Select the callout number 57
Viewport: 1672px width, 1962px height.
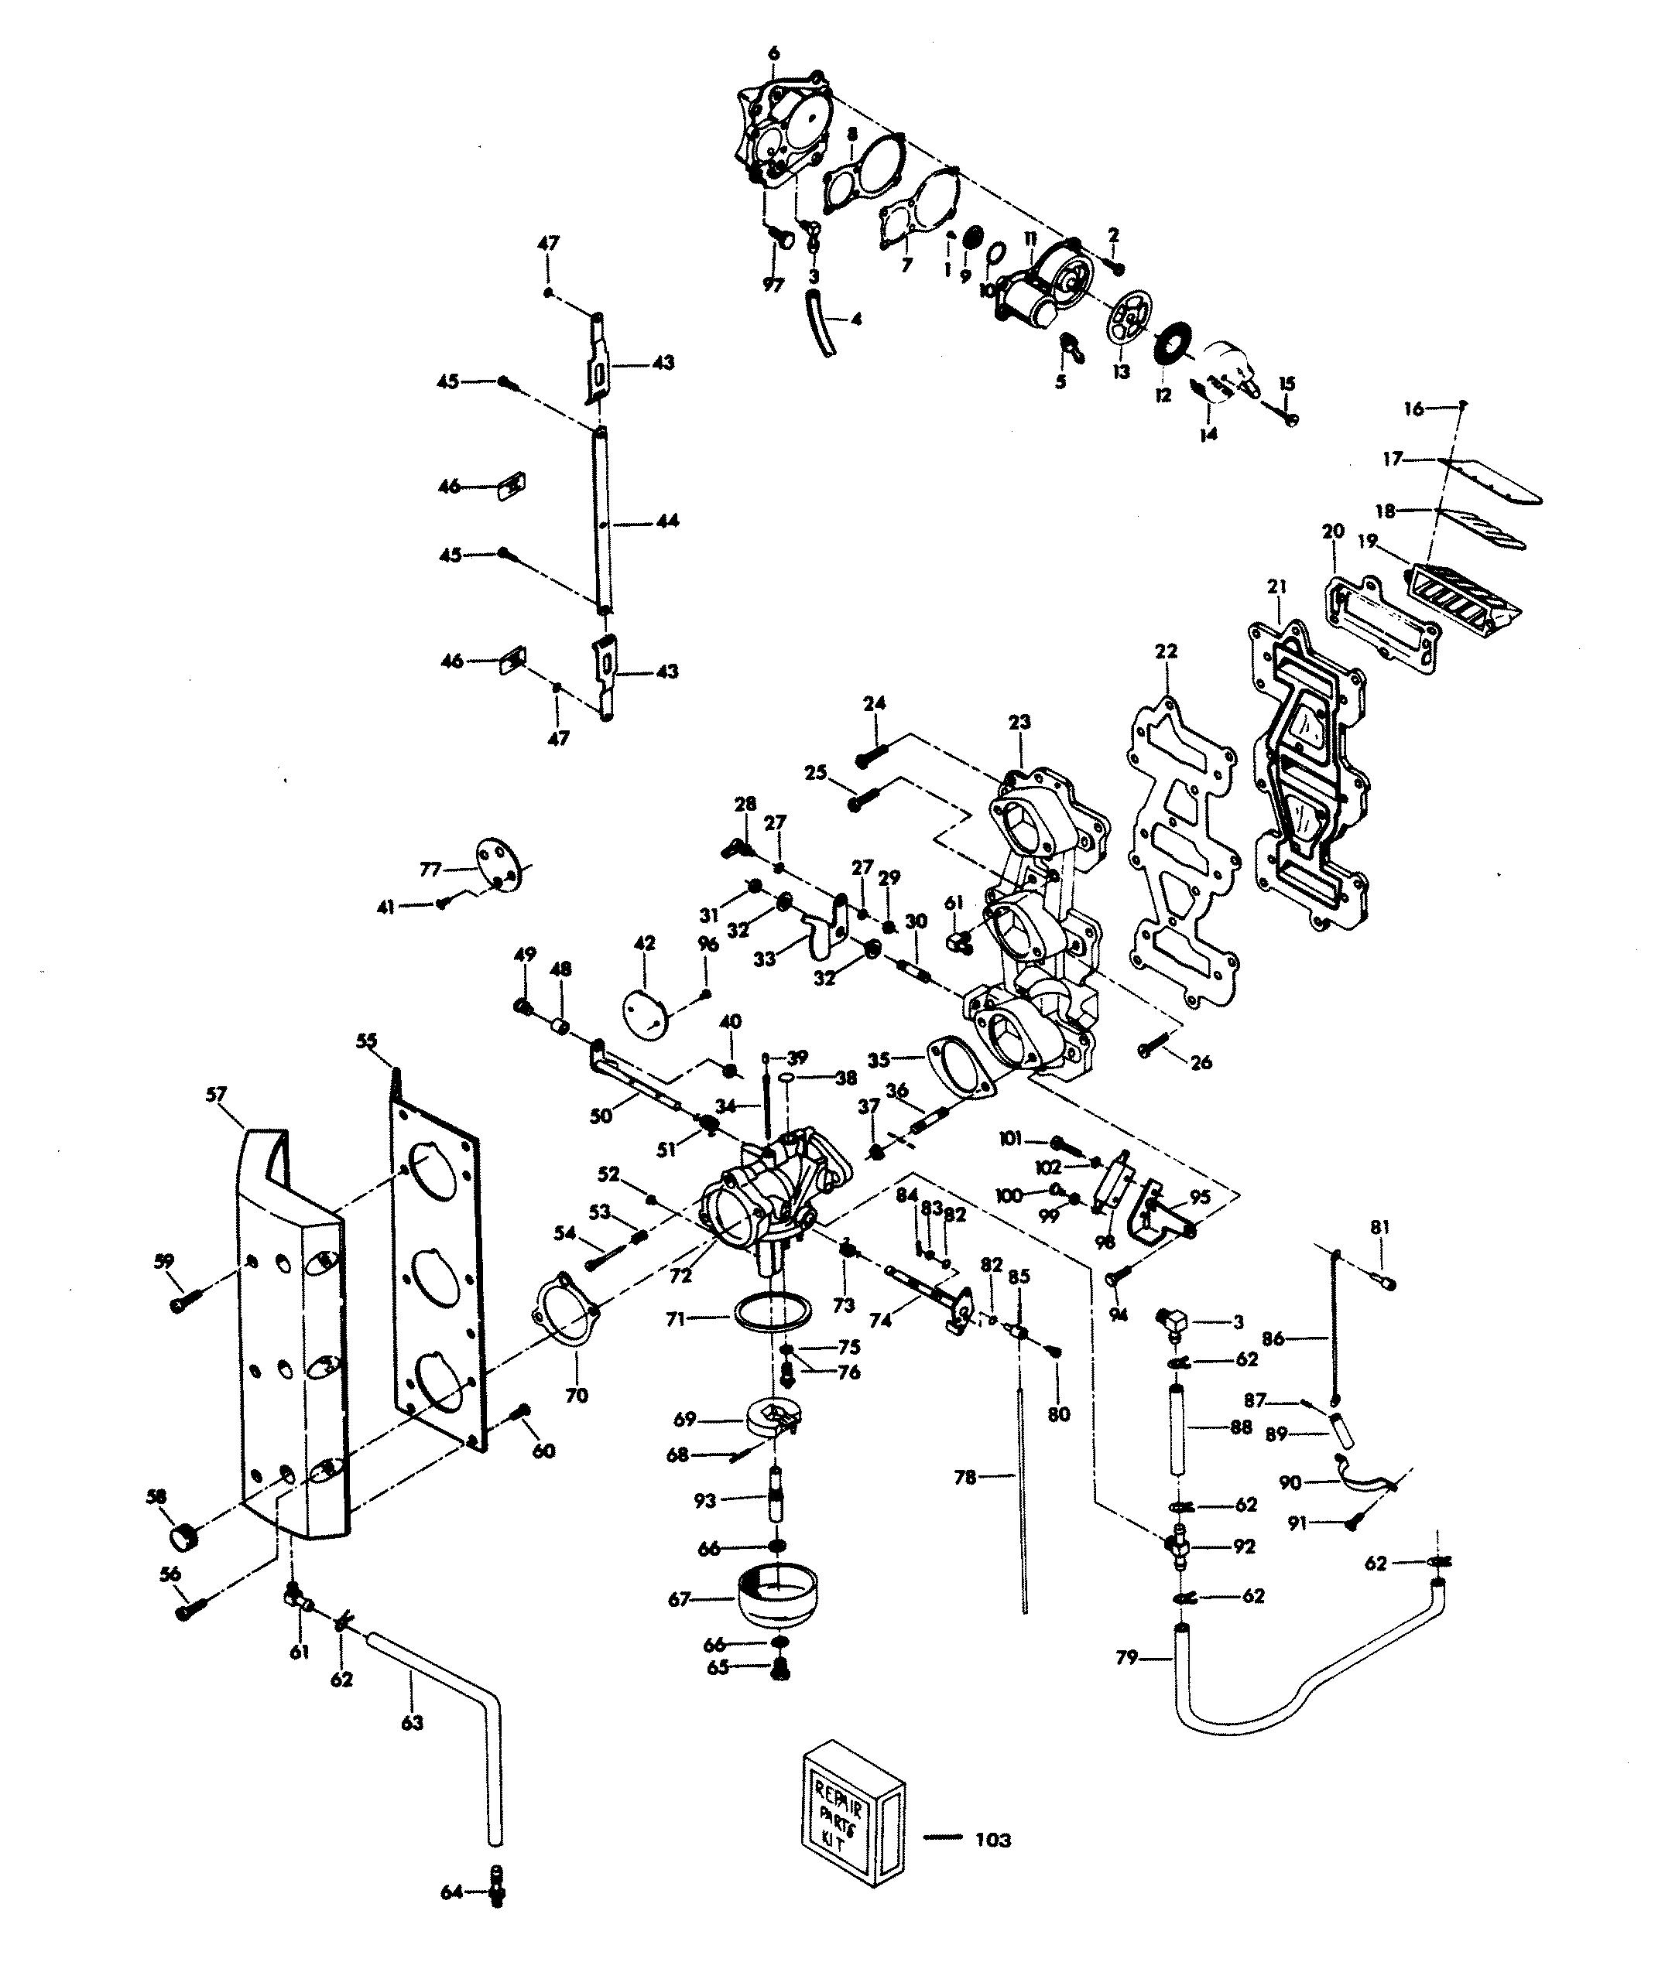pyautogui.click(x=216, y=1095)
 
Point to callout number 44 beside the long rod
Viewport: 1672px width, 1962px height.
pyautogui.click(x=668, y=521)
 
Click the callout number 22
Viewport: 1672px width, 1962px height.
pyautogui.click(x=1166, y=651)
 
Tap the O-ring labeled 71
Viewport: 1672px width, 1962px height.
pyautogui.click(x=773, y=1315)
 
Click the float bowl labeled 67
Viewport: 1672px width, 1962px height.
pyautogui.click(x=777, y=1599)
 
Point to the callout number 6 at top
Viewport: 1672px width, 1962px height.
pyautogui.click(x=774, y=54)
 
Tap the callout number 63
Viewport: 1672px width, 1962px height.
pyautogui.click(x=412, y=1722)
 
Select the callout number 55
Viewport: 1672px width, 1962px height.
pyautogui.click(x=367, y=1041)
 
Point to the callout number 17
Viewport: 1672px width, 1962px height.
pyautogui.click(x=1392, y=460)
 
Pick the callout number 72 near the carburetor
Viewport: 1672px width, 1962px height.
pyautogui.click(x=680, y=1276)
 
